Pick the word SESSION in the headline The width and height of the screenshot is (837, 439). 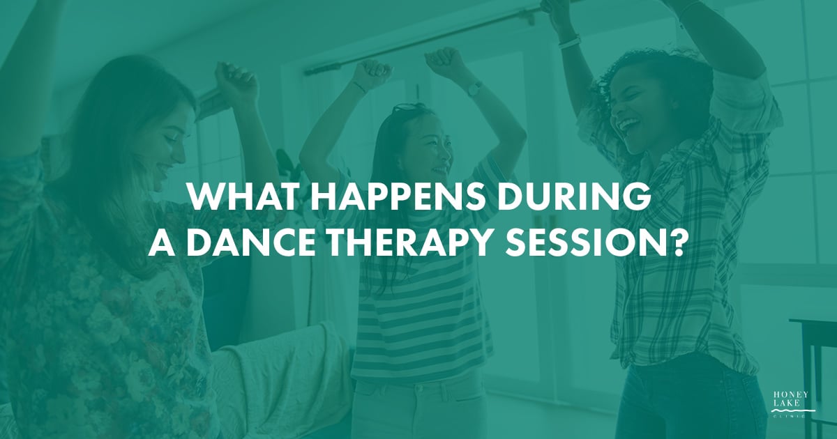581,242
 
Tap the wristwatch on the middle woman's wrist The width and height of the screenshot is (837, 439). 475,88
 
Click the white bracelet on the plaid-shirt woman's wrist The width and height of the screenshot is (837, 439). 569,42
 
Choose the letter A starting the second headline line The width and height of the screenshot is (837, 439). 161,242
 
